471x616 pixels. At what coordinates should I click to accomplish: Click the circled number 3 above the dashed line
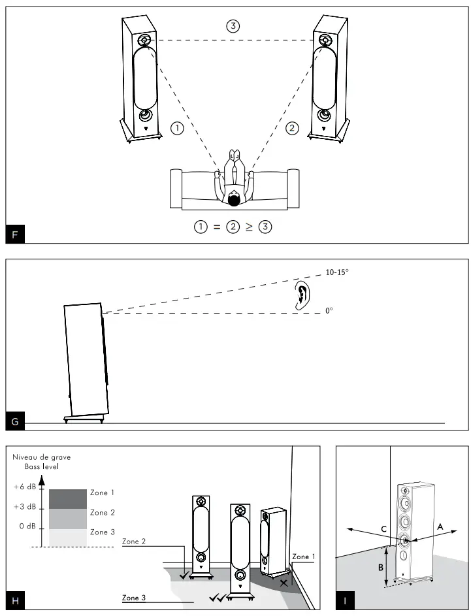(233, 26)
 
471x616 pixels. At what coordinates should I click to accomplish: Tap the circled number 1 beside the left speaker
(176, 129)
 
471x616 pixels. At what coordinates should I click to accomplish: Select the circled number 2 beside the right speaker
(292, 129)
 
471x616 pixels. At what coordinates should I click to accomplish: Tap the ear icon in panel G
(301, 296)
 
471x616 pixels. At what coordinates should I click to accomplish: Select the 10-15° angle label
(336, 272)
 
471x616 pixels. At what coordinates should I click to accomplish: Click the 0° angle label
(329, 312)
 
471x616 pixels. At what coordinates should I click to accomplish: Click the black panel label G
(15, 421)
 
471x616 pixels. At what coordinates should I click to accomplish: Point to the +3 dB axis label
(24, 507)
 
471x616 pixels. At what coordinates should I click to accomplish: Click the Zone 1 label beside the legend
(103, 493)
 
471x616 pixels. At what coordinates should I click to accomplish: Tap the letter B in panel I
(381, 567)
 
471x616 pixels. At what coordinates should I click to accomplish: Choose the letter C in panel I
(384, 527)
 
